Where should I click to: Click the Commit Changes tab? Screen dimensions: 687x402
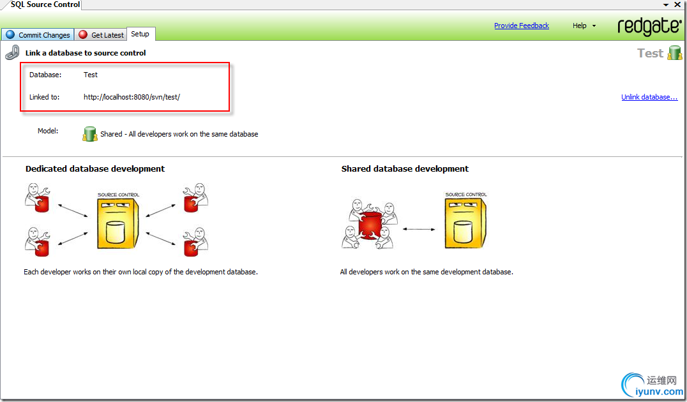[38, 34]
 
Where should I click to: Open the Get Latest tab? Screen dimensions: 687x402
[101, 34]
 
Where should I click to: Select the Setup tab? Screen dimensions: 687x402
[140, 34]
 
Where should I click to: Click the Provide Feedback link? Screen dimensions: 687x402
[522, 26]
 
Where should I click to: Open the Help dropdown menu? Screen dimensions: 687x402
[584, 26]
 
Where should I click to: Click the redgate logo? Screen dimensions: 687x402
[649, 26]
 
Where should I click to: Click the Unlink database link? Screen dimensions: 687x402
[649, 97]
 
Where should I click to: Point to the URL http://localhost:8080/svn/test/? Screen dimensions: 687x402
[132, 97]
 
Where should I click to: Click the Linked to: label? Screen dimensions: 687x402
[44, 97]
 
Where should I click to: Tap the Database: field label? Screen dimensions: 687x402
[45, 75]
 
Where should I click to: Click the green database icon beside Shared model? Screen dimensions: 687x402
[90, 133]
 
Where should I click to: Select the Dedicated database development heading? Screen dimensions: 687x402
[95, 168]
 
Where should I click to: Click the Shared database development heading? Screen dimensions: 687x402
[405, 168]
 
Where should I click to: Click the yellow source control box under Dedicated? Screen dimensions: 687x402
[118, 221]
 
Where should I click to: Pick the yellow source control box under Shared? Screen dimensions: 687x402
[465, 220]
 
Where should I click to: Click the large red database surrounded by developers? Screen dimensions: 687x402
[370, 224]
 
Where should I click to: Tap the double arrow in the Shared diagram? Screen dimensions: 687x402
[419, 229]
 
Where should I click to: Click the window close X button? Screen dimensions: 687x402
[677, 4]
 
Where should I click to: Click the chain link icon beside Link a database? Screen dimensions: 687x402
[12, 52]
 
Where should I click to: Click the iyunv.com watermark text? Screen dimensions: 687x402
[659, 392]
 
